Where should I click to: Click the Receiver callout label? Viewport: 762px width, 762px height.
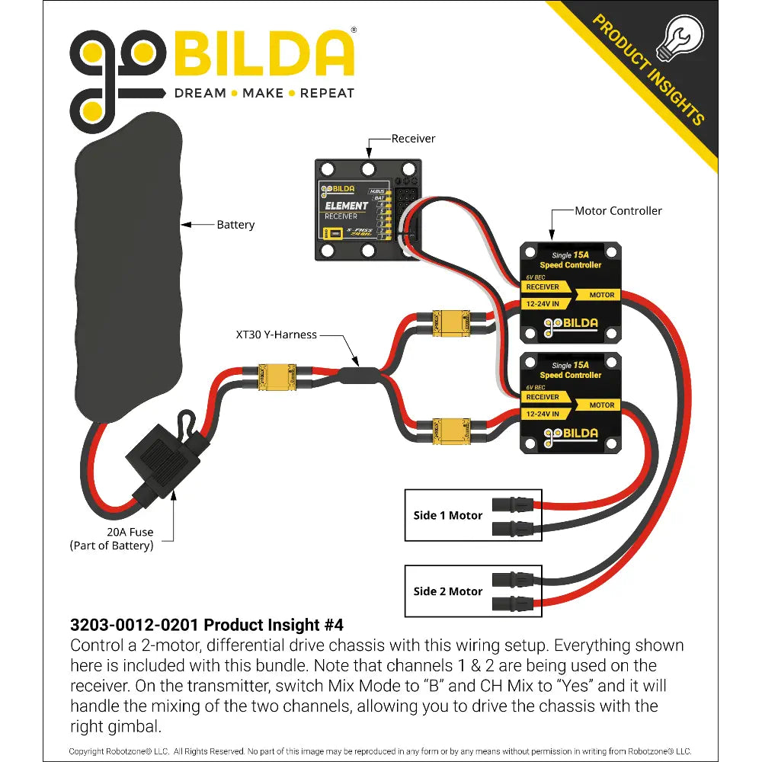(413, 139)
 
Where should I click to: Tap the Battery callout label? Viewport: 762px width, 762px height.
(235, 225)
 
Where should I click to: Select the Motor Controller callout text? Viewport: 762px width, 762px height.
(618, 210)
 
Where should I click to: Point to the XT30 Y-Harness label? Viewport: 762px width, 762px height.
(276, 335)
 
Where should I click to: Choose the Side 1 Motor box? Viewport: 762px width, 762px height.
(472, 515)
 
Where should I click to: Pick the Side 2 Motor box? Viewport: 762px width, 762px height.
(472, 591)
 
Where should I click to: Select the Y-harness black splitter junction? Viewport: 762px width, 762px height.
(358, 374)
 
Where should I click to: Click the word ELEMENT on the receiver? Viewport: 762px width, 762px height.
(347, 206)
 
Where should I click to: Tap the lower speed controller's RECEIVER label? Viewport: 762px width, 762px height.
(543, 397)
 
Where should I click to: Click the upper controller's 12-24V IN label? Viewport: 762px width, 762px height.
(543, 303)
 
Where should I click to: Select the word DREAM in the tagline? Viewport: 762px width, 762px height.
(200, 93)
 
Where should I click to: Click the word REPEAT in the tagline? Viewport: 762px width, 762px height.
(327, 93)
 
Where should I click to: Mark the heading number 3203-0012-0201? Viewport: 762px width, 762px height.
(134, 625)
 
